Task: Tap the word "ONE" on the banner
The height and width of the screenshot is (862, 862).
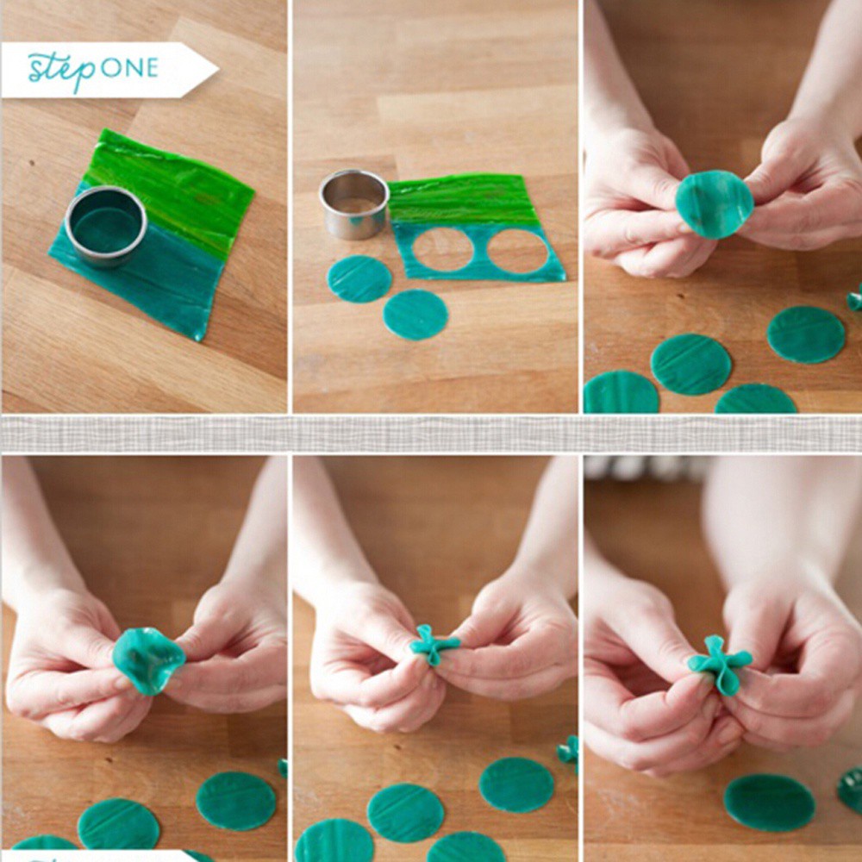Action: pos(129,68)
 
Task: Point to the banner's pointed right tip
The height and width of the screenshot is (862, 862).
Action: pos(215,69)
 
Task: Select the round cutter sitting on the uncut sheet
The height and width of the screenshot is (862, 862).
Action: pos(105,226)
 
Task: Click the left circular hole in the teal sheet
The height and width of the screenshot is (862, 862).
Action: pos(442,249)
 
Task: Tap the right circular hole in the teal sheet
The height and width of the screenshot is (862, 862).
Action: pos(517,251)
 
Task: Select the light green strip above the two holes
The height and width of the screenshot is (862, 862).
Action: pos(465,199)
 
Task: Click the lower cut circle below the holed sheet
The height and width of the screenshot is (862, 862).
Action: pos(415,315)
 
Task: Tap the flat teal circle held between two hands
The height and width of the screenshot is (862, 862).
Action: pos(714,203)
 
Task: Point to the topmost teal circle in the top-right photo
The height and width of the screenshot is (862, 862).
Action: pos(806,334)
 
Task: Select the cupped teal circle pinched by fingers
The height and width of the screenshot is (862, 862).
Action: pos(147,659)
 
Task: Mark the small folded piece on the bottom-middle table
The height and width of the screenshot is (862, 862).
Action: pos(568,750)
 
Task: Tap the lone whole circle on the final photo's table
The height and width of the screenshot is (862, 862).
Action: pos(769,802)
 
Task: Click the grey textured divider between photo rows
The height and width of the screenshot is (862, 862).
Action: pos(431,434)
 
